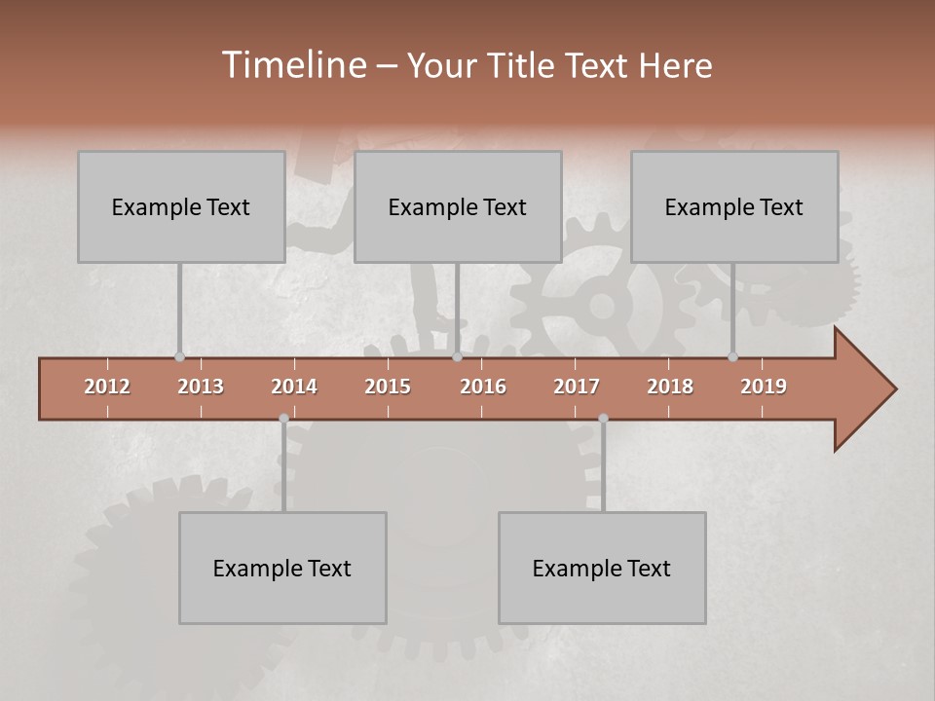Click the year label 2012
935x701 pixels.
tap(107, 387)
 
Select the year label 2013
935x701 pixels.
tap(201, 387)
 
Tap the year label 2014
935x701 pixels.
tap(294, 387)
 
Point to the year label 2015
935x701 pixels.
tap(388, 387)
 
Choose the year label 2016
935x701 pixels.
tap(483, 387)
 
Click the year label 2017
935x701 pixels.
tap(577, 387)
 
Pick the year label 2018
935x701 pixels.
tap(670, 387)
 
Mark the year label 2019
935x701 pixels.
tap(764, 387)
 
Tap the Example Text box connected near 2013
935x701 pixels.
tap(181, 206)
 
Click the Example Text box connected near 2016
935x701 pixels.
tap(458, 206)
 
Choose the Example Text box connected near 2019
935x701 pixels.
tap(734, 206)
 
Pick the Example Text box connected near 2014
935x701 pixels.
tap(282, 568)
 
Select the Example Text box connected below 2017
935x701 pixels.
tap(602, 568)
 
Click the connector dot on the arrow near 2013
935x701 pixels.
tap(179, 357)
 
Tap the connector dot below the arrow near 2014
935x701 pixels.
tap(283, 419)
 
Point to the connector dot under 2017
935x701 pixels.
tap(603, 419)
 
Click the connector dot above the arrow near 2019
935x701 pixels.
tap(732, 357)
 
